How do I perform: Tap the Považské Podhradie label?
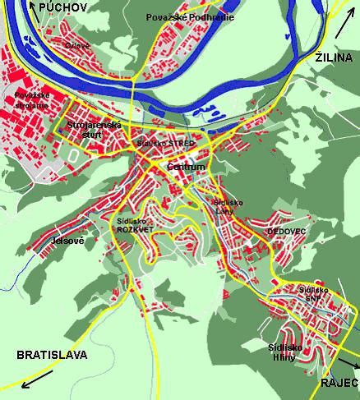tap(190, 17)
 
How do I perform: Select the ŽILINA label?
tap(335, 57)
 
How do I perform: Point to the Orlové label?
tap(77, 45)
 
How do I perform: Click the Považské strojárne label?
tap(31, 101)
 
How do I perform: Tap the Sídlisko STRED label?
tap(166, 143)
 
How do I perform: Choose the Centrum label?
tap(185, 166)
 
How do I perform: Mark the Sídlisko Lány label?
tap(223, 205)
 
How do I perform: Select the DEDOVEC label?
tap(286, 232)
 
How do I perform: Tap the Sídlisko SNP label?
tap(314, 294)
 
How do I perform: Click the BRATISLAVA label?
tap(52, 355)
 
